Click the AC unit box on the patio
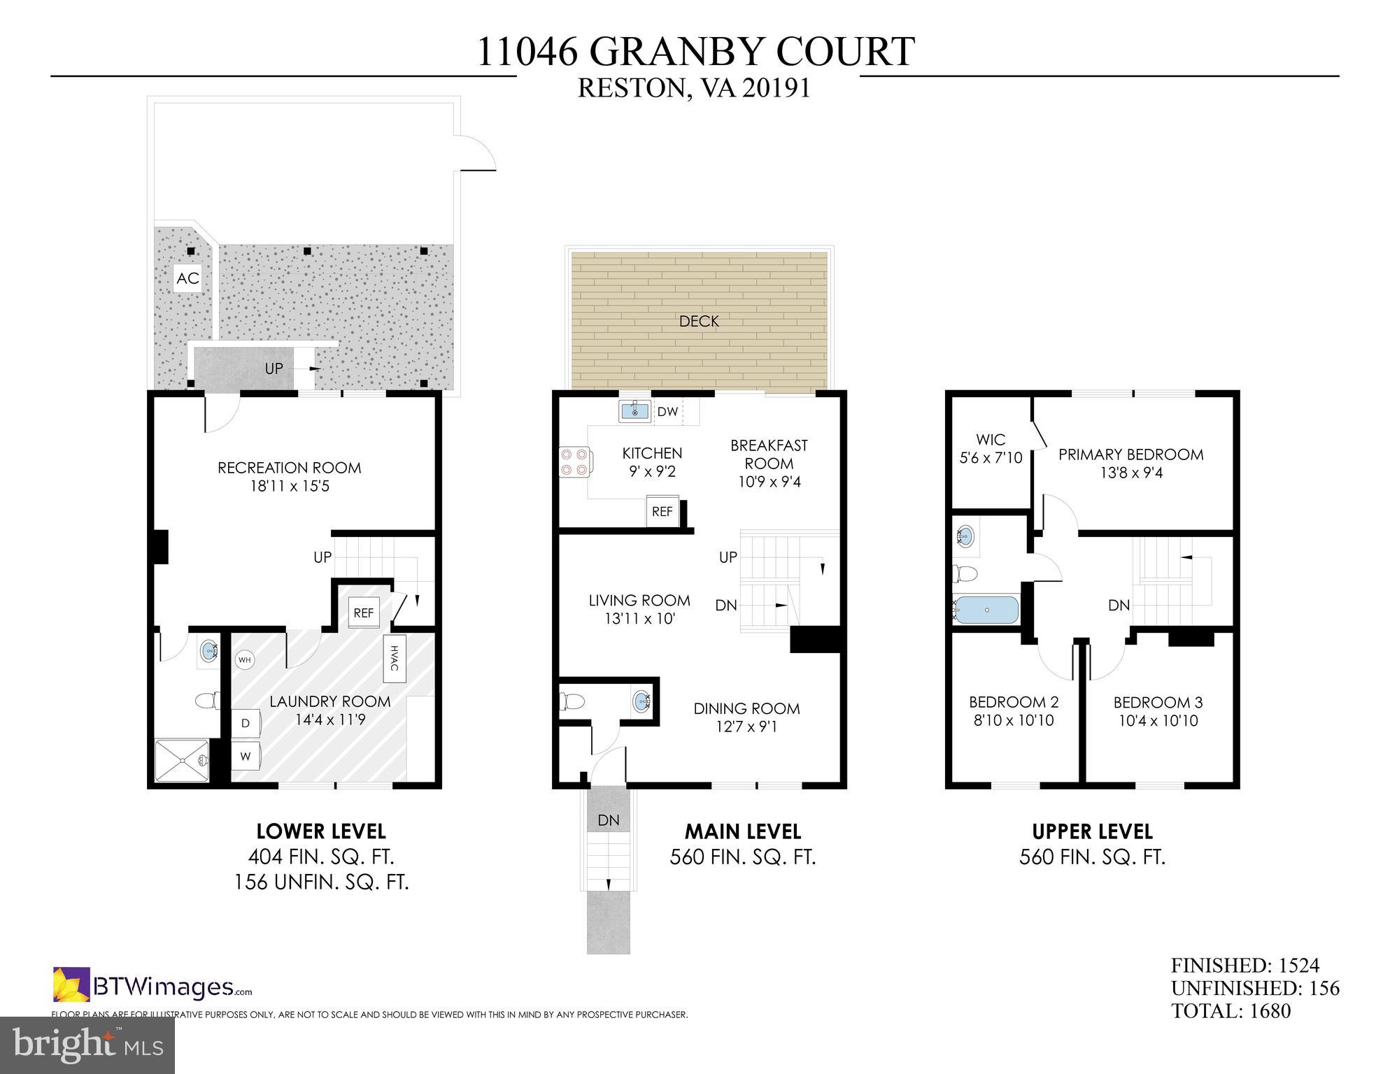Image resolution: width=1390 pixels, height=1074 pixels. click(187, 278)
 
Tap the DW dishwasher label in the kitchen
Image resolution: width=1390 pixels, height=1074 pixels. click(667, 411)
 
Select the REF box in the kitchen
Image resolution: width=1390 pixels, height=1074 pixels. click(662, 511)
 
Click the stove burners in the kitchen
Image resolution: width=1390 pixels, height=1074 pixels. click(574, 462)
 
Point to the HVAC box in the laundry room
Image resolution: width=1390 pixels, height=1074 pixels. click(394, 658)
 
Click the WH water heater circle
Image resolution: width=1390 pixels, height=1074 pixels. click(244, 659)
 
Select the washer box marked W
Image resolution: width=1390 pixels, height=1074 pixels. click(246, 757)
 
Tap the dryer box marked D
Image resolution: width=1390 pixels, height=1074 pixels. click(246, 723)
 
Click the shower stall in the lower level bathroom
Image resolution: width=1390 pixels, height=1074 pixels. click(182, 760)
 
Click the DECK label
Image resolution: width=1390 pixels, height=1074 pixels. click(699, 321)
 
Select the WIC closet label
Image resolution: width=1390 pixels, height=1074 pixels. click(991, 440)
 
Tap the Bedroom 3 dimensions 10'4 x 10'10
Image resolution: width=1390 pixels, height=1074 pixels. click(1158, 720)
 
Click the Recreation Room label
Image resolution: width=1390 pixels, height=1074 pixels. click(289, 468)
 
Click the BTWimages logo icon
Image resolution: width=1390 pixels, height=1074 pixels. click(71, 984)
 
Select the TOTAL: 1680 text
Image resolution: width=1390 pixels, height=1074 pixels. click(1231, 1010)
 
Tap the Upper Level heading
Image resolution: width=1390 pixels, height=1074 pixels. click(1092, 831)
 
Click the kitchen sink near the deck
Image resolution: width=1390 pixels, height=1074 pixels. click(634, 411)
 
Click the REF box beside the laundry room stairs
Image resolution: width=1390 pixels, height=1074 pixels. click(363, 613)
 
